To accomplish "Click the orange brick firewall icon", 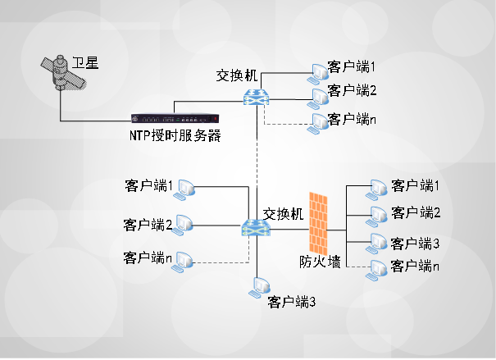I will (318, 222).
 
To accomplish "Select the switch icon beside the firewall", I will (251, 229).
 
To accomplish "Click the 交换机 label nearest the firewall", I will (283, 213).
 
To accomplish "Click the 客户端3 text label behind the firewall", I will (416, 244).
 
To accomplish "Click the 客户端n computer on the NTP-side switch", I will (316, 123).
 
